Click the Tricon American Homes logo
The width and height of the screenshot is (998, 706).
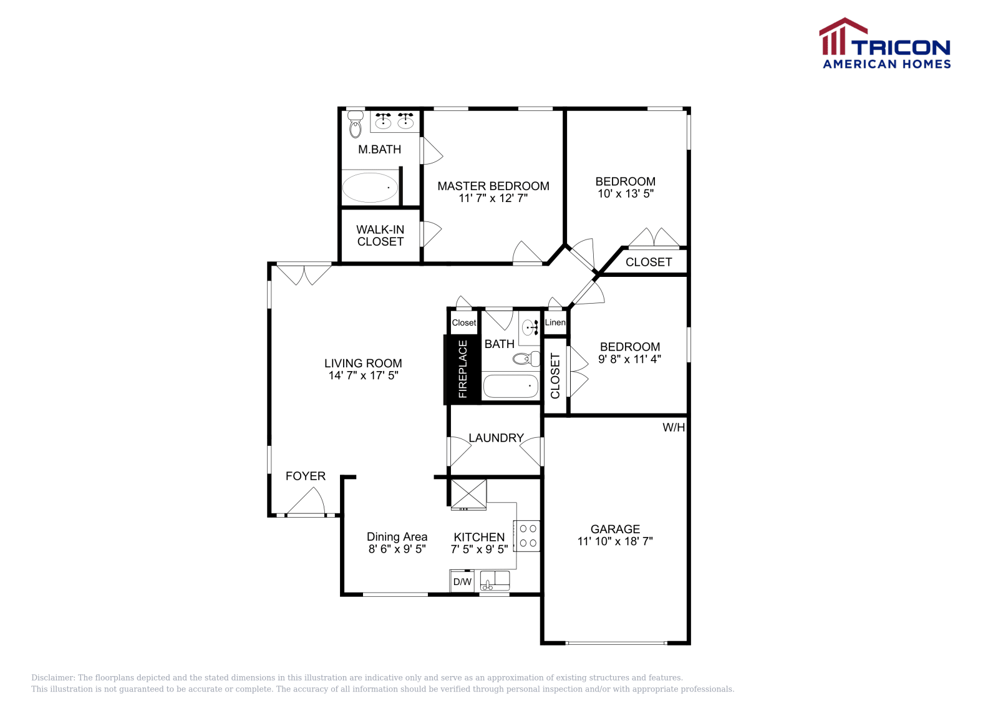click(885, 44)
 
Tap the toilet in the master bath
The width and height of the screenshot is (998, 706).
click(356, 125)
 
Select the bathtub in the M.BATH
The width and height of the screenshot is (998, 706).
click(370, 188)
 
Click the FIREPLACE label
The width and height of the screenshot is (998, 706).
click(463, 369)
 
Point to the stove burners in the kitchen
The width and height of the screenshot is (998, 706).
click(528, 536)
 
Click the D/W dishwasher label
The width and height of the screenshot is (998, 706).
click(462, 582)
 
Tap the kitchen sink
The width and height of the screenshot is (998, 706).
click(495, 581)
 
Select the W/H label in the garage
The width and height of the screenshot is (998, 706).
click(674, 428)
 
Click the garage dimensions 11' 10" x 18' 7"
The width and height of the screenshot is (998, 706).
click(615, 541)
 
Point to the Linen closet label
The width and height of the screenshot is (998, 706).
click(555, 322)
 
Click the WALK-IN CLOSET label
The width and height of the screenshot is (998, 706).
click(380, 236)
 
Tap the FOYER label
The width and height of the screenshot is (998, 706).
click(306, 476)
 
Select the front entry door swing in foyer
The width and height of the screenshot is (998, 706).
click(307, 503)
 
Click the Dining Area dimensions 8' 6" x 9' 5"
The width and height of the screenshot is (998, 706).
click(397, 549)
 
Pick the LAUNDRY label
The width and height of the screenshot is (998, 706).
click(496, 438)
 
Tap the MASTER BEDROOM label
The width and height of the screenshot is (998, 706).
click(493, 186)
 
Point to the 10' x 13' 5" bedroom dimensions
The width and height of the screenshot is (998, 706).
click(626, 194)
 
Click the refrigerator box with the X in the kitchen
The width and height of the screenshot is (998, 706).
click(468, 494)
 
